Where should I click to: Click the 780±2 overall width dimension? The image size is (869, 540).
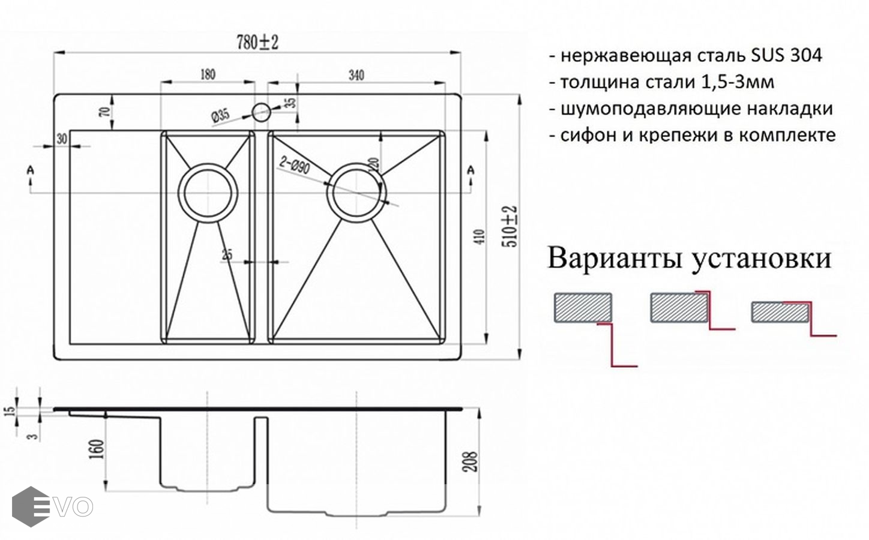(259, 43)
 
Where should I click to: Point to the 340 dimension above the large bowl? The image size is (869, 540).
(355, 75)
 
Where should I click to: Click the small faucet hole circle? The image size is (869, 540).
(261, 110)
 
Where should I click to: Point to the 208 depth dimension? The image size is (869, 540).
(472, 461)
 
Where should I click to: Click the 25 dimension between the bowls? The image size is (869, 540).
(227, 254)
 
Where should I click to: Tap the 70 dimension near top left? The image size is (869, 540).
(103, 112)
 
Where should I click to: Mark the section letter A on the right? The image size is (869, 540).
(471, 172)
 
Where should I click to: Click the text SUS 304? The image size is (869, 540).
(786, 56)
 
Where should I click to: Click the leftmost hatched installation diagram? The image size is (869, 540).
(582, 308)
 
